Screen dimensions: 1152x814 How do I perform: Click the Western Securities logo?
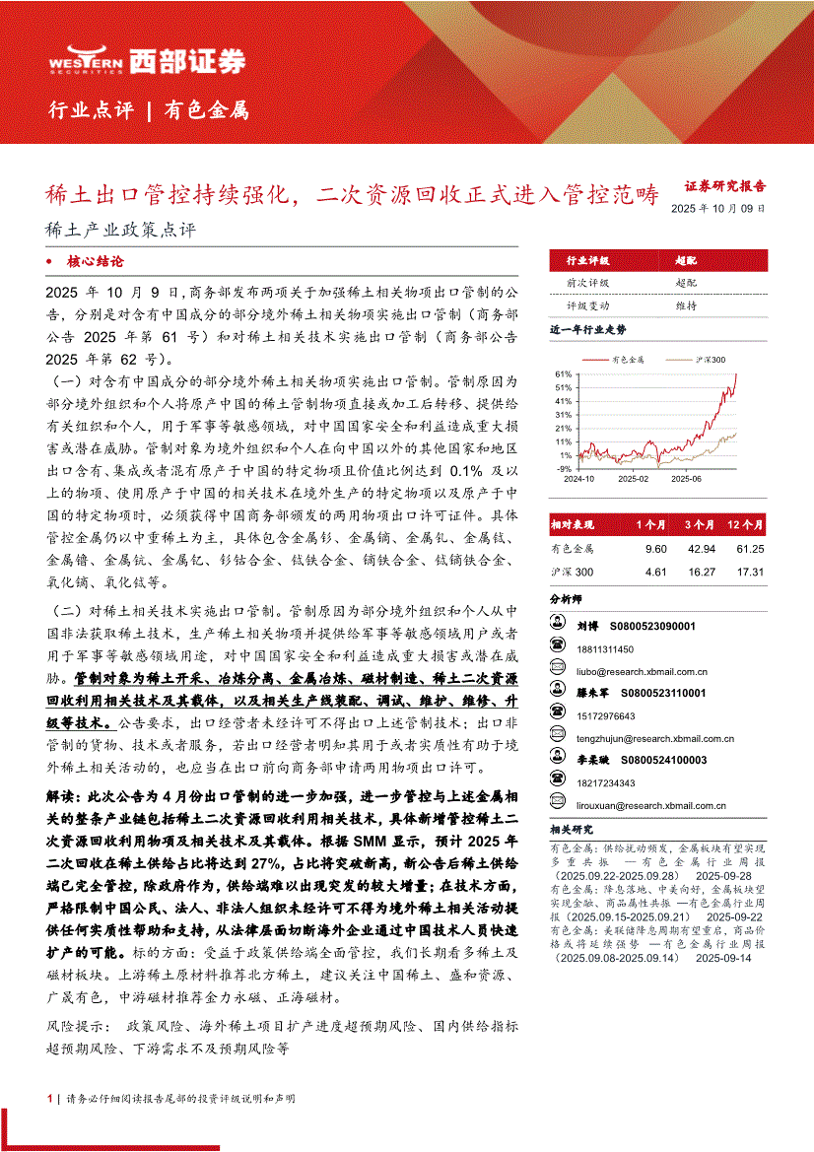click(148, 62)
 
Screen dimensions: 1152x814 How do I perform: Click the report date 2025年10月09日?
click(716, 208)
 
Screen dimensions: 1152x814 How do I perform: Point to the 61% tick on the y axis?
click(563, 374)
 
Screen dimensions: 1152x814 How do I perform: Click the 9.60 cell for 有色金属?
click(655, 548)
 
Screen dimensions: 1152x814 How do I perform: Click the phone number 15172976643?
click(606, 716)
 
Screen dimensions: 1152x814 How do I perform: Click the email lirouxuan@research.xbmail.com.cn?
click(652, 805)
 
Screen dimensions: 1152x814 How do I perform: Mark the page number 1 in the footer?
click(49, 1098)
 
